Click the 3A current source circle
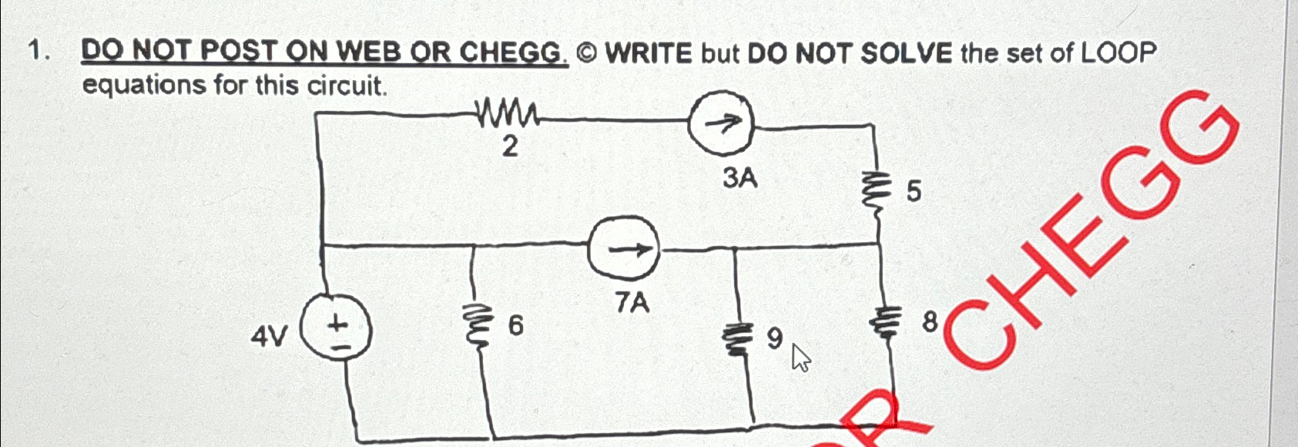coord(720,123)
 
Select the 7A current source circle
coord(624,248)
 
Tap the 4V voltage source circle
coord(337,331)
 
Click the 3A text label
coord(740,179)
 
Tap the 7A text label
coord(632,304)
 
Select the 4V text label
coord(269,336)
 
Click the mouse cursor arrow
coord(800,358)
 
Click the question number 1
coord(36,51)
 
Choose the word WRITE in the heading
coord(649,53)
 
